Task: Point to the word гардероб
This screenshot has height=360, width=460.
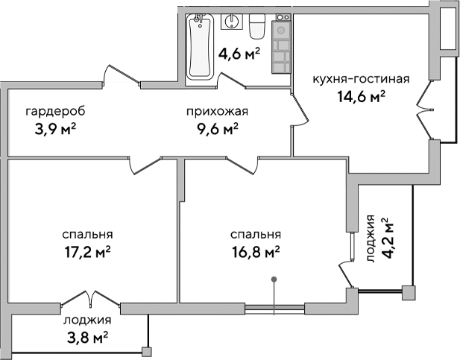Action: [55, 112]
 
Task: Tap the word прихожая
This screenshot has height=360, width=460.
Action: [217, 112]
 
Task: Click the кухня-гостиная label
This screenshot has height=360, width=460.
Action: [362, 79]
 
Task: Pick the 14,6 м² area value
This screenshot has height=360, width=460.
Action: [362, 95]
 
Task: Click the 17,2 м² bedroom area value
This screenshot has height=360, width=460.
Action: [88, 250]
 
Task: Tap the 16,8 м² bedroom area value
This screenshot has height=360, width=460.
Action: [256, 250]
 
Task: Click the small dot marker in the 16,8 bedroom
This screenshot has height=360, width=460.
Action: [275, 280]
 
